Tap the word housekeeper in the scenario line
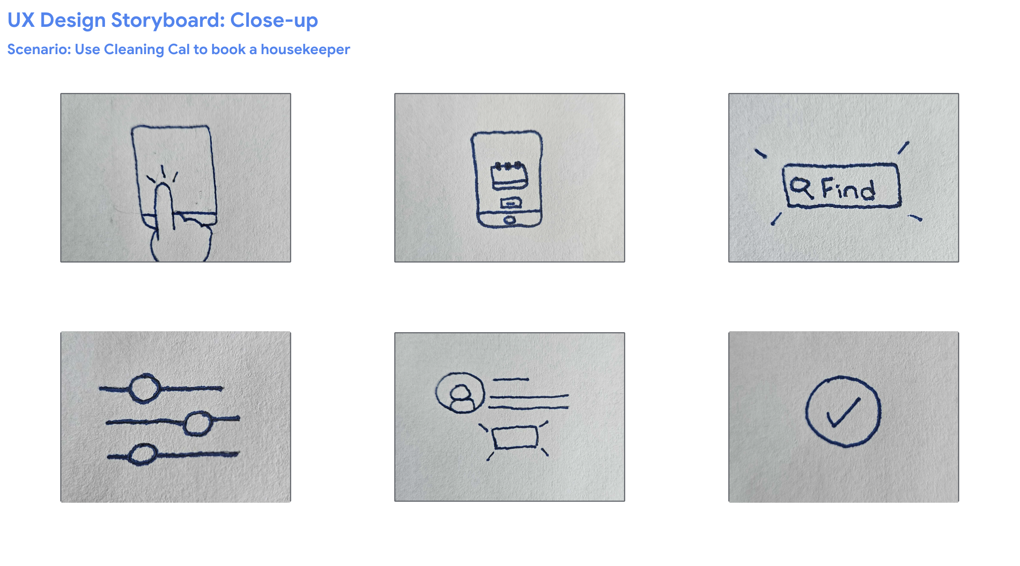point(305,49)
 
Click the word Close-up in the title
point(274,20)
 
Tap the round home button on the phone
point(510,220)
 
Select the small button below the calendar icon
point(511,203)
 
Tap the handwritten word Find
point(848,189)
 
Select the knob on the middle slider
point(198,423)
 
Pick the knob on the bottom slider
point(143,454)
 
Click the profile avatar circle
point(460,393)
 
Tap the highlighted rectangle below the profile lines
point(515,438)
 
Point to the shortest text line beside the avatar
point(511,379)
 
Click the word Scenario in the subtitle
point(39,49)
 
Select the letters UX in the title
point(21,20)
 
